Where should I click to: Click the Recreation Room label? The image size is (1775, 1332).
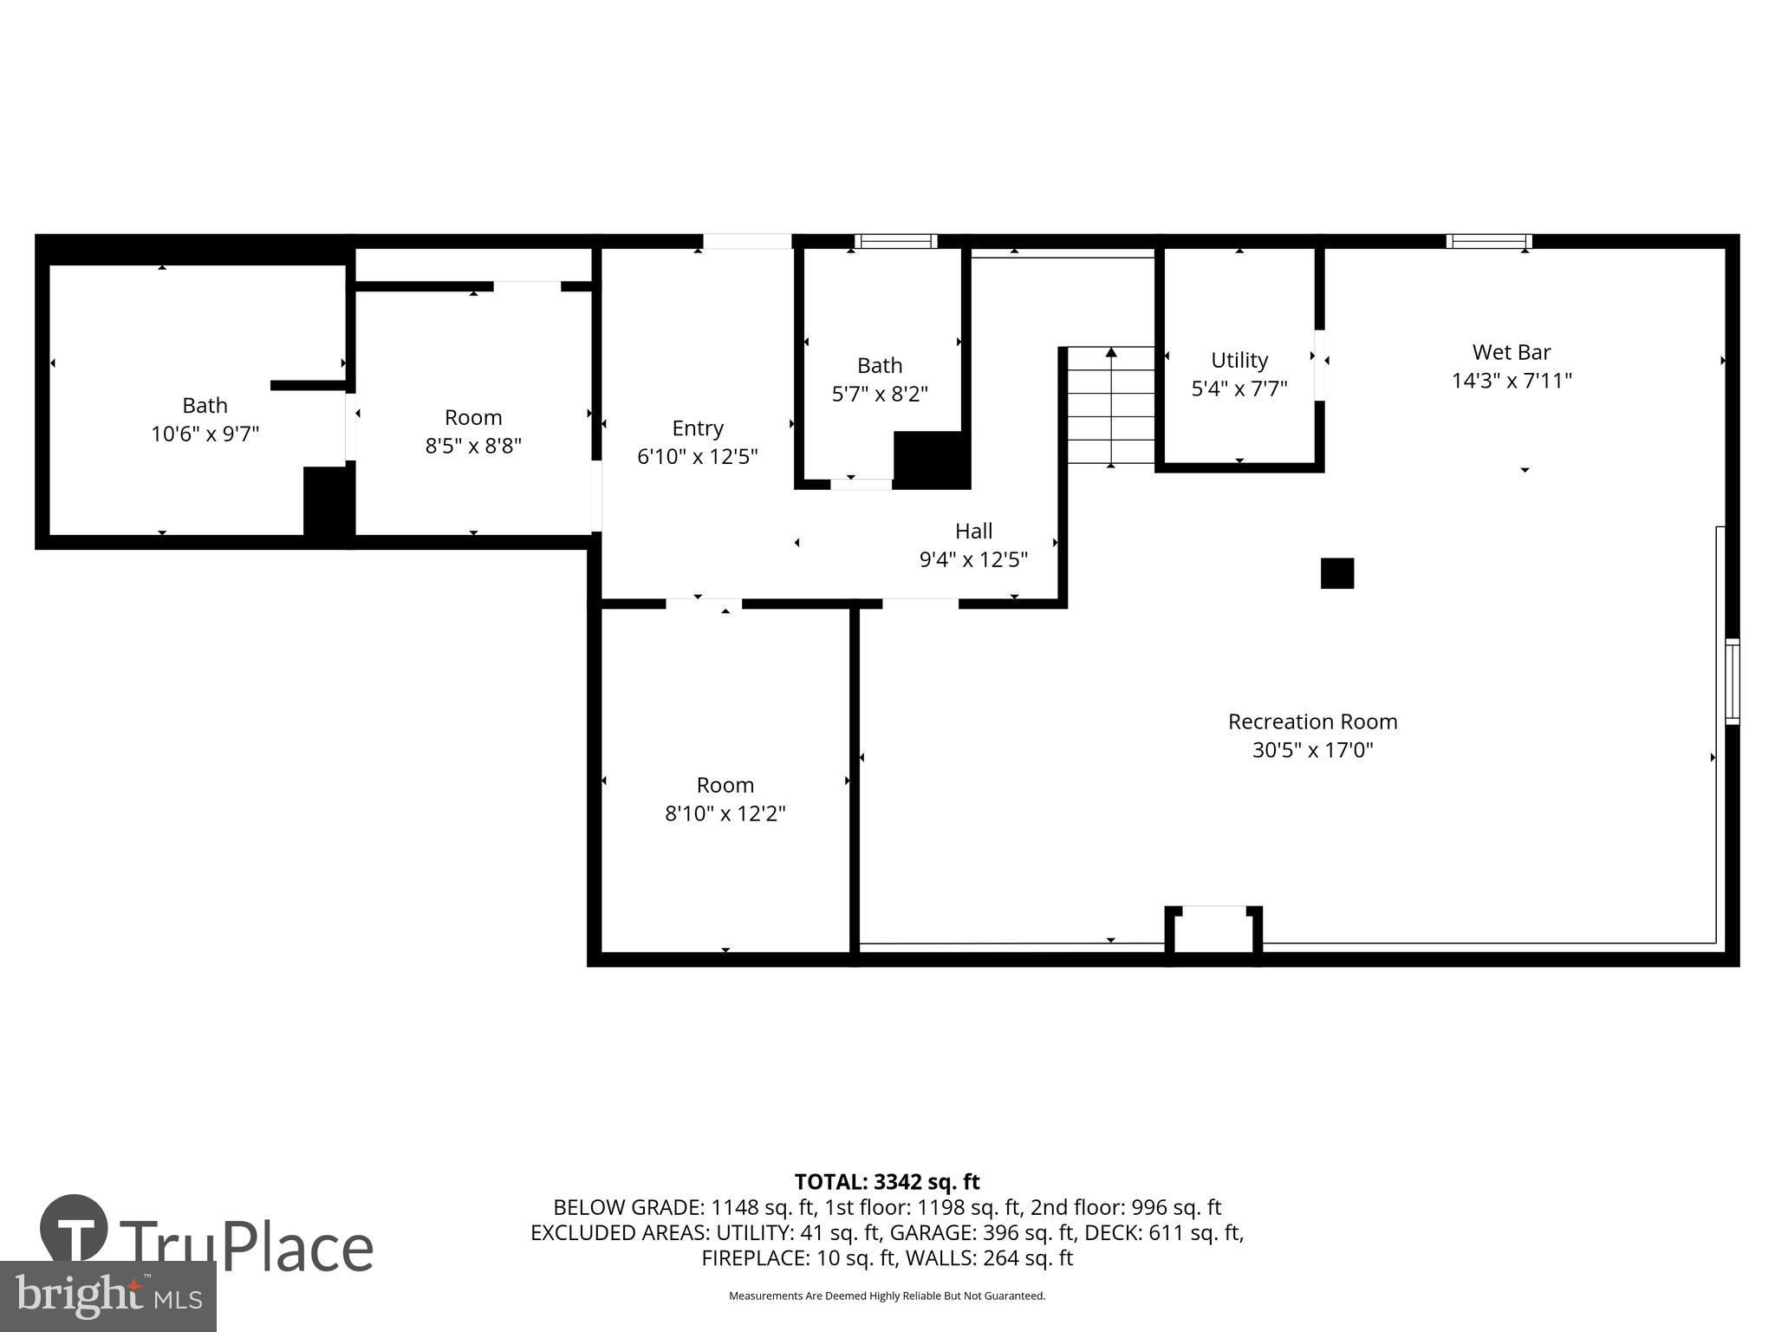pos(1312,721)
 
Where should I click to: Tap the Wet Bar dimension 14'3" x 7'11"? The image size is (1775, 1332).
pos(1512,381)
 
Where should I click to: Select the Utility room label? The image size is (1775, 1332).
pos(1239,360)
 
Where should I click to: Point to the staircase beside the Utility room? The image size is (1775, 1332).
pos(1110,405)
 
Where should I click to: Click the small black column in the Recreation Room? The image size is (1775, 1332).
pos(1336,573)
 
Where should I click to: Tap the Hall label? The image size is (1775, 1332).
pos(973,531)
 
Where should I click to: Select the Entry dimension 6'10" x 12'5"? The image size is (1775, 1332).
pos(698,456)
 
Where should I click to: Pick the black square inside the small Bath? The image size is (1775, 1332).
pos(930,459)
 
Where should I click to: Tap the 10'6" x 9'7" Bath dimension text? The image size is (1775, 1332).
pos(205,434)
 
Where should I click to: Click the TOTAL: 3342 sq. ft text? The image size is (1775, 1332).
pos(887,1182)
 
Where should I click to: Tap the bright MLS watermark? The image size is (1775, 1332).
pos(107,1296)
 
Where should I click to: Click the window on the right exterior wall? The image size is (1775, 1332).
pos(1731,681)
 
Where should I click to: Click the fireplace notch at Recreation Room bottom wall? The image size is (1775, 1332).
pos(1213,933)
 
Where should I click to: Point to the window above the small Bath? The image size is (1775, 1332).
pos(895,241)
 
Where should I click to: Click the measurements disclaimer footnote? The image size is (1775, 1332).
pos(887,1296)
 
